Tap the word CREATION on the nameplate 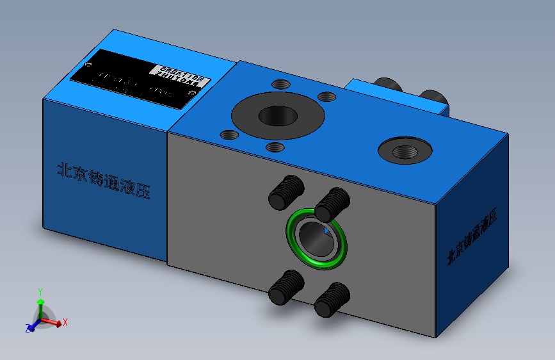tap(179, 71)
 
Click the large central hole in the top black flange tap(277, 116)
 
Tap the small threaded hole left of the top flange tap(229, 135)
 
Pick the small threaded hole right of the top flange tap(326, 96)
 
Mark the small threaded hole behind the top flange tap(280, 84)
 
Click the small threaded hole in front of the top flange tap(275, 147)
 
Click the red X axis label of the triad tap(65, 322)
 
